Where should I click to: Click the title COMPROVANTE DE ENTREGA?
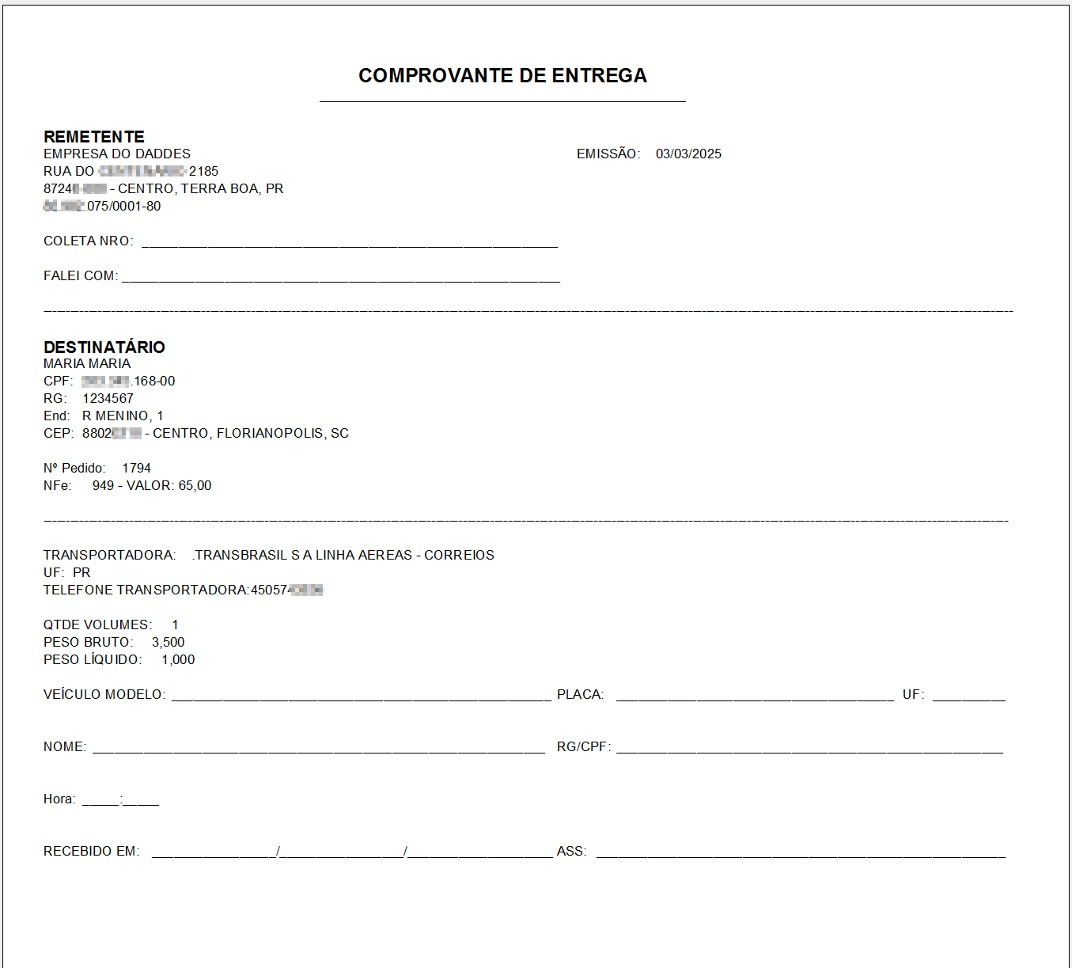pyautogui.click(x=502, y=76)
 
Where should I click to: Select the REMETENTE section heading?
pyautogui.click(x=94, y=137)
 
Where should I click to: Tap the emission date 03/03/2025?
pyautogui.click(x=688, y=154)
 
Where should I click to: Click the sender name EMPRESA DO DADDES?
pyautogui.click(x=117, y=154)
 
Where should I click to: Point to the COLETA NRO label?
pyautogui.click(x=88, y=241)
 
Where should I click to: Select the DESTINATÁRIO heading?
pyautogui.click(x=104, y=347)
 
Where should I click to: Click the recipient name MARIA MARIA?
pyautogui.click(x=87, y=364)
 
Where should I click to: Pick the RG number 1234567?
pyautogui.click(x=108, y=399)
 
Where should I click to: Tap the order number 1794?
pyautogui.click(x=136, y=469)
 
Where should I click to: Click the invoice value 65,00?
pyautogui.click(x=195, y=486)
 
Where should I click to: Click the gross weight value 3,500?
pyautogui.click(x=168, y=643)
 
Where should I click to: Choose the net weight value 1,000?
pyautogui.click(x=178, y=660)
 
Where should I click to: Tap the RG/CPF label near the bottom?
pyautogui.click(x=583, y=747)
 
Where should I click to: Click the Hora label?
pyautogui.click(x=59, y=799)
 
